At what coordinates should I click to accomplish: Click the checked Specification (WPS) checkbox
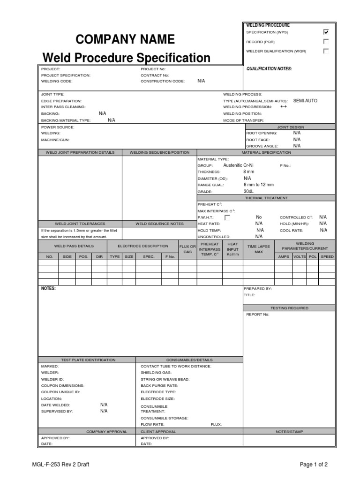tap(326, 32)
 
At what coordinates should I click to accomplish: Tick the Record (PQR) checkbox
tap(326, 42)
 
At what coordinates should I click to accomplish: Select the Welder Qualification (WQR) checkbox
tap(326, 51)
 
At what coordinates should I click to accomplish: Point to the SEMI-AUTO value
tap(305, 101)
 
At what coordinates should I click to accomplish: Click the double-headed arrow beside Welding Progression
tap(283, 107)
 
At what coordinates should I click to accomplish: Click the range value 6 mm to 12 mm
tap(258, 185)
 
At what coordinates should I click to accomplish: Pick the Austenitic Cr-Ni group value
tap(240, 165)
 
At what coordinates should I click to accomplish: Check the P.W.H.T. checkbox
tap(227, 217)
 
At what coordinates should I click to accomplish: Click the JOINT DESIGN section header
tap(291, 127)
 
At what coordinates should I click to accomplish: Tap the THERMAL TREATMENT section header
tap(266, 198)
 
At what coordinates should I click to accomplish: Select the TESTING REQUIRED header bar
tap(289, 308)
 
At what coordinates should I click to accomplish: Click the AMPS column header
tap(284, 257)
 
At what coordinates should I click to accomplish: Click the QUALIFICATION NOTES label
tap(269, 69)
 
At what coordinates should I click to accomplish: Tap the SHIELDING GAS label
tap(155, 373)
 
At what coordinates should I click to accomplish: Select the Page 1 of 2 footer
tap(314, 465)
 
